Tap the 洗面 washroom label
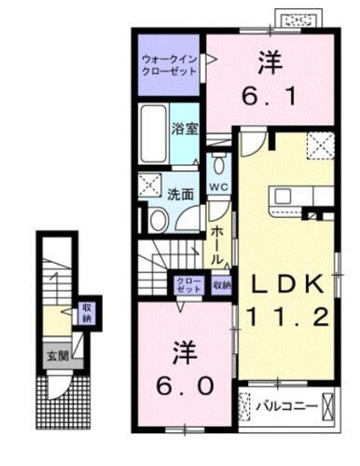coord(180,195)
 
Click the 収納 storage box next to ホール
coord(221,285)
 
